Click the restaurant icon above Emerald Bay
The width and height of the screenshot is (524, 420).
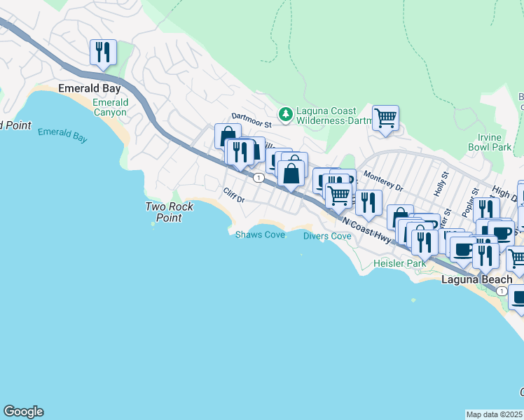pyautogui.click(x=103, y=52)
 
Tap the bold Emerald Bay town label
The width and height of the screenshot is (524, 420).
pyautogui.click(x=90, y=89)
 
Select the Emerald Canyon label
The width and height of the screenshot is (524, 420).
pyautogui.click(x=111, y=107)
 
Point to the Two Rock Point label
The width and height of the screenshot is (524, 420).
pyautogui.click(x=163, y=211)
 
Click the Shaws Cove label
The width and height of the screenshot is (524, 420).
pyautogui.click(x=260, y=235)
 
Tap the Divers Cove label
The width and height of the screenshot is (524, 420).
pyautogui.click(x=327, y=236)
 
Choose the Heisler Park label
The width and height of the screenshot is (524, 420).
pyautogui.click(x=399, y=263)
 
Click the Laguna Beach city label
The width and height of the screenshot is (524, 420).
pyautogui.click(x=476, y=279)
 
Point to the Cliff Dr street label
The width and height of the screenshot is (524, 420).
pyautogui.click(x=233, y=195)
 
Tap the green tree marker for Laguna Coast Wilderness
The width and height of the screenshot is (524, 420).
pyautogui.click(x=285, y=114)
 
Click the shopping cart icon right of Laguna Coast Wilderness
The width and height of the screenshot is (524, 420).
pyautogui.click(x=385, y=118)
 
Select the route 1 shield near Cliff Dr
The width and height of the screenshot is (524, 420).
pyautogui.click(x=259, y=178)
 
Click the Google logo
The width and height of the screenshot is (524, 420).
pyautogui.click(x=23, y=412)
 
